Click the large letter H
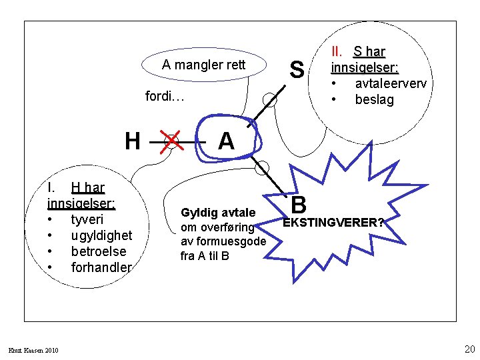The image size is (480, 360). [x=133, y=141]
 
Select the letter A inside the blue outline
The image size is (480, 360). [x=226, y=141]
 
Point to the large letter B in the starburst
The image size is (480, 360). [x=299, y=203]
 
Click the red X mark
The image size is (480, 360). [x=171, y=141]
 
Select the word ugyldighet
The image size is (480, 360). [x=101, y=235]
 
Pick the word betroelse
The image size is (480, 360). [x=98, y=251]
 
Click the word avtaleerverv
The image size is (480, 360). [x=391, y=84]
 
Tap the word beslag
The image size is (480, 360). [x=374, y=100]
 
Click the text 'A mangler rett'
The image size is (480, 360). [x=204, y=65]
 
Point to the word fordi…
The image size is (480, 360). [x=165, y=97]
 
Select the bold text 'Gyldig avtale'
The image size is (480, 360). [x=218, y=213]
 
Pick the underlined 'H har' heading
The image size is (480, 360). [x=87, y=188]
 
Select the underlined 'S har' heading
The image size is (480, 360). [x=369, y=51]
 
